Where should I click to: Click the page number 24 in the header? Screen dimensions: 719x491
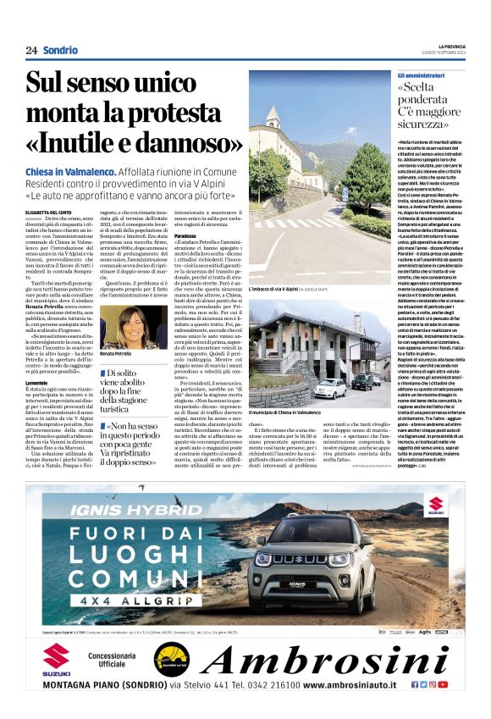tap(31, 50)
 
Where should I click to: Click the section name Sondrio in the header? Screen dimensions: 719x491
tap(61, 50)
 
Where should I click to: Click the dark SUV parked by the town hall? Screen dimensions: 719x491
tap(365, 381)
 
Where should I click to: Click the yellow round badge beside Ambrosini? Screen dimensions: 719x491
tap(173, 660)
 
